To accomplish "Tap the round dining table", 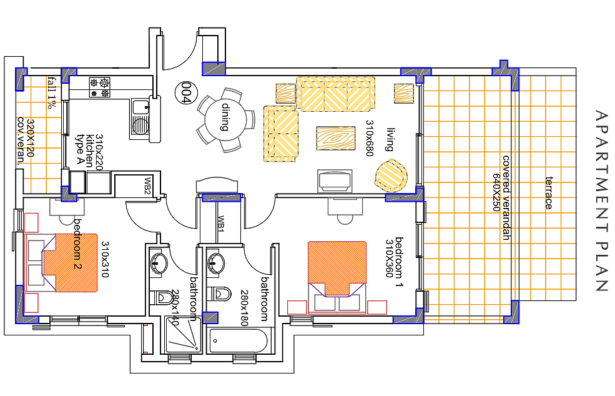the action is point(225,119).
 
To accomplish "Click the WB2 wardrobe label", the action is point(147,186).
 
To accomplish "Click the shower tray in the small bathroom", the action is point(183,335).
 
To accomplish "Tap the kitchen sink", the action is point(140,118).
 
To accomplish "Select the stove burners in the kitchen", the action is point(100,87).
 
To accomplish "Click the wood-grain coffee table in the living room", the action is point(336,138).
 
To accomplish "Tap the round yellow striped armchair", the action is point(391,176).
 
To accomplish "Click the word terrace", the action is point(549,193).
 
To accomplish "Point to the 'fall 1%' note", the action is point(52,92).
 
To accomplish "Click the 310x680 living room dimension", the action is point(369,138).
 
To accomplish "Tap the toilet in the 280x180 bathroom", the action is point(219,294).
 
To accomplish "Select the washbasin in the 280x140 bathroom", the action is point(159,262).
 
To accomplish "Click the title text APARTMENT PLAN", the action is point(601,200).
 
